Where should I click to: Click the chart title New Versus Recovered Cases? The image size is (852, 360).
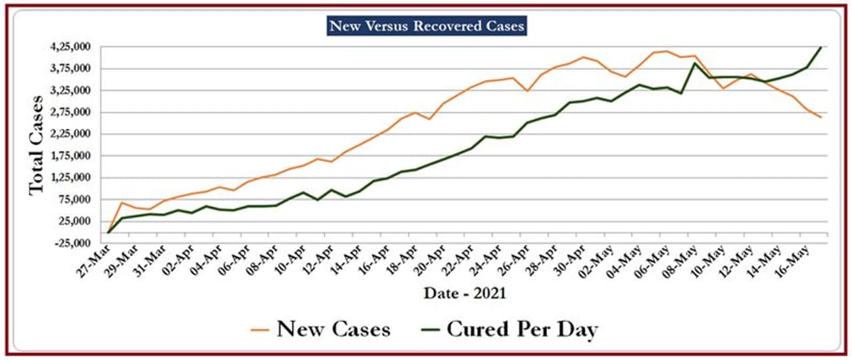coord(427,26)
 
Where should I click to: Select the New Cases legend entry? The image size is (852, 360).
coord(333,329)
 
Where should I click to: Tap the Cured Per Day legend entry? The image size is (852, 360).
coord(522,329)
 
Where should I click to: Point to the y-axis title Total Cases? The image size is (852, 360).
coord(37,145)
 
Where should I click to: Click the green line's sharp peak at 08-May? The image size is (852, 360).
coord(695,63)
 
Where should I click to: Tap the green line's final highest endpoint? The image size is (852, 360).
coord(820,47)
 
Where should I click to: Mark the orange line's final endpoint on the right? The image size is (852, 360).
coord(820,117)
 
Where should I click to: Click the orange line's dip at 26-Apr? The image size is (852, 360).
coord(527,90)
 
